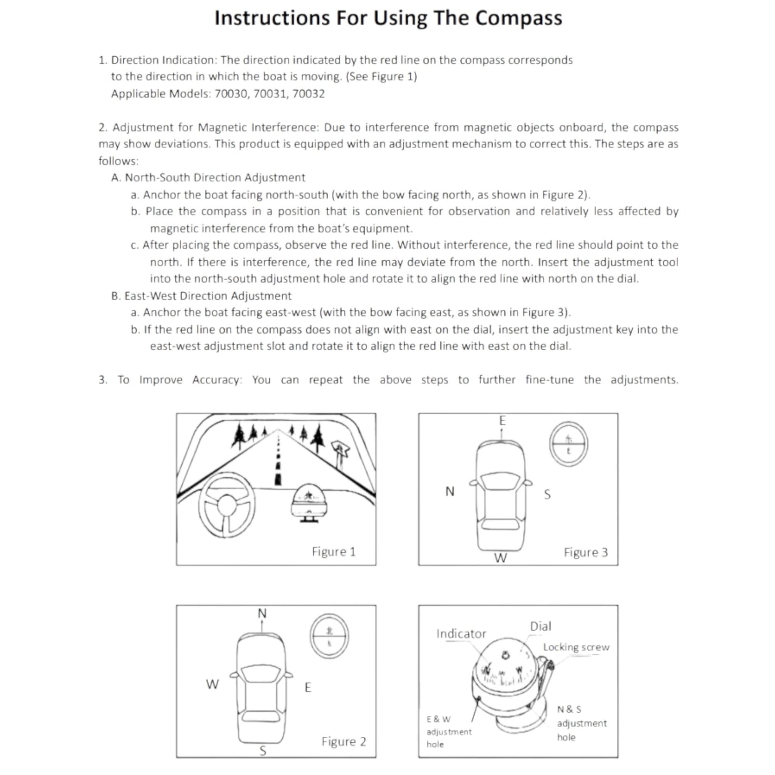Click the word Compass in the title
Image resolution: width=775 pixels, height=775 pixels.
coord(519,18)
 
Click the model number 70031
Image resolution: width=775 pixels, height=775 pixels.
coord(271,94)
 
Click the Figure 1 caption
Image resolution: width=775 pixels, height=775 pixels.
coord(334,552)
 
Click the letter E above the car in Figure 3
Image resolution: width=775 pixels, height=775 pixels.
coord(503,421)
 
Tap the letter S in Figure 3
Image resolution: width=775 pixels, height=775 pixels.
coord(547,494)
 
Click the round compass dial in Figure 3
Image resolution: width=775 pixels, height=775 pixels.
coord(569,444)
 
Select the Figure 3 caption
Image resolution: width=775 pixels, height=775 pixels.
coord(586,552)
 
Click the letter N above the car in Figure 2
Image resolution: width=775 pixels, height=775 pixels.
coord(262,613)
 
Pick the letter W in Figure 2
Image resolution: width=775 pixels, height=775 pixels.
coord(212,684)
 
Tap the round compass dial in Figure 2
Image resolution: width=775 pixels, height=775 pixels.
coord(329,636)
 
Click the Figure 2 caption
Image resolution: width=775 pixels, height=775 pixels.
coord(344,742)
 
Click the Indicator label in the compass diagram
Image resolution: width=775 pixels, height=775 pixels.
coord(461,634)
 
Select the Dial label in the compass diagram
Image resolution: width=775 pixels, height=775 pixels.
coord(540,626)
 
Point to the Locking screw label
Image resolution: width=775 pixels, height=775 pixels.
coord(576,647)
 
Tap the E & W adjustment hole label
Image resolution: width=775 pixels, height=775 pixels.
coord(449,732)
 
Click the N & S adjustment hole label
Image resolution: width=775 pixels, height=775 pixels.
coord(581,723)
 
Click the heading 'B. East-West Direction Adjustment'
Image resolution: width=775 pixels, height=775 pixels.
coord(202,296)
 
